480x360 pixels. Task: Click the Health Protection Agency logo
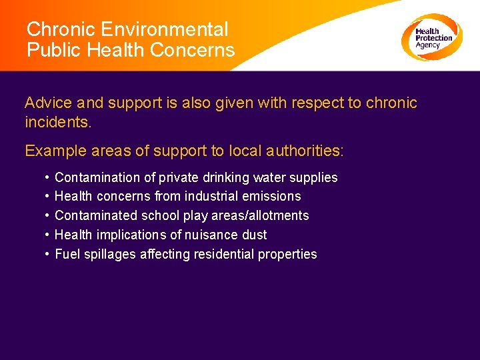tap(431, 37)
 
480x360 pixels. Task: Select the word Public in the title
tap(50, 50)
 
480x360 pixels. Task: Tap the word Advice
tap(49, 103)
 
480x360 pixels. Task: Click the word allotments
tap(280, 216)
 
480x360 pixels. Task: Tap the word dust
tap(254, 235)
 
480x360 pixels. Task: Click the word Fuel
tap(67, 255)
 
